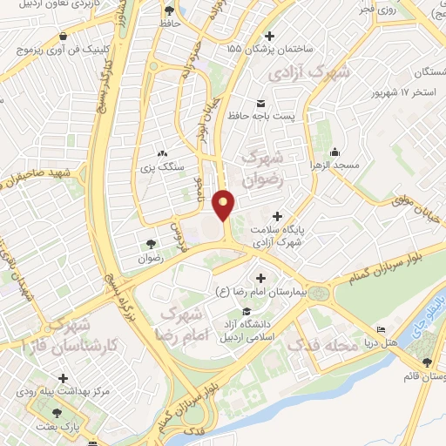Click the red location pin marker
pyautogui.click(x=224, y=205)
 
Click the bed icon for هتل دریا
pyautogui.click(x=382, y=330)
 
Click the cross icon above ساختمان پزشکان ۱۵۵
pyautogui.click(x=269, y=36)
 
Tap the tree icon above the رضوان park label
pyautogui.click(x=151, y=244)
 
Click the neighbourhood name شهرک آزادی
pyautogui.click(x=309, y=71)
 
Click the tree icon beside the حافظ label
pyautogui.click(x=168, y=10)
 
